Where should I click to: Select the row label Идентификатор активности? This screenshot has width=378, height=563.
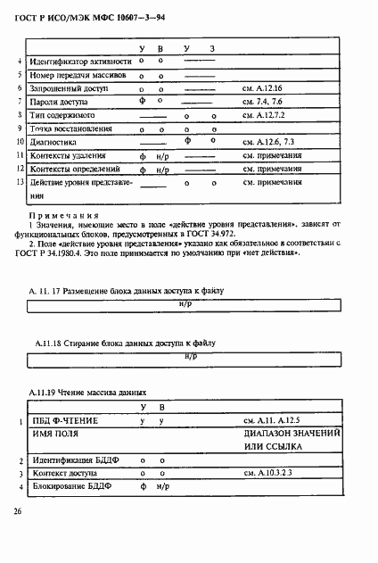click(81, 62)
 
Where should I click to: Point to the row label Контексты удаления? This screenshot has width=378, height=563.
click(70, 155)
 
